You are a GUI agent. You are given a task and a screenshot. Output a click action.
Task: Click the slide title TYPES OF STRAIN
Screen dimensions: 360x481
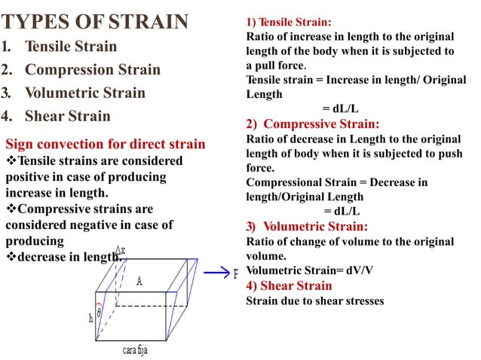click(97, 21)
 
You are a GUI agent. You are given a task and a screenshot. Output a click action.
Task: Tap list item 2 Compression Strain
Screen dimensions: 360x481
click(91, 70)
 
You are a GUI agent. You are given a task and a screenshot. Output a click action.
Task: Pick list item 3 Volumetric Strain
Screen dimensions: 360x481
click(84, 93)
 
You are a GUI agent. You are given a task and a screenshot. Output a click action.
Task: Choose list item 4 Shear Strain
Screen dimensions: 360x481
click(66, 117)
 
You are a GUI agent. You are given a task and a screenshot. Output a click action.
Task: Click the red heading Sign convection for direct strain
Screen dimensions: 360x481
click(105, 144)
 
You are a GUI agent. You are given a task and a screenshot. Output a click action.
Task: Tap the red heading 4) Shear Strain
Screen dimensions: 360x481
click(289, 285)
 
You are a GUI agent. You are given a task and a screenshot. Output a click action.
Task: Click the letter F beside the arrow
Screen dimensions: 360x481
click(236, 274)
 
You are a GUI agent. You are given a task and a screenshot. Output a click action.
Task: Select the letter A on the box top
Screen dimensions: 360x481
click(139, 281)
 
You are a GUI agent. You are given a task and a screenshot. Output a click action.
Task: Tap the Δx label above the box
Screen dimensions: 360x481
click(121, 250)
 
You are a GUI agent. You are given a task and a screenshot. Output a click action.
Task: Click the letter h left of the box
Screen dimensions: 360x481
click(90, 319)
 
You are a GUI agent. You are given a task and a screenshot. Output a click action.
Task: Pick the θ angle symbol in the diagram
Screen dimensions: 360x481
click(100, 313)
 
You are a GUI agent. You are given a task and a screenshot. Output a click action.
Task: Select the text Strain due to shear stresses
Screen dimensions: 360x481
click(314, 301)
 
